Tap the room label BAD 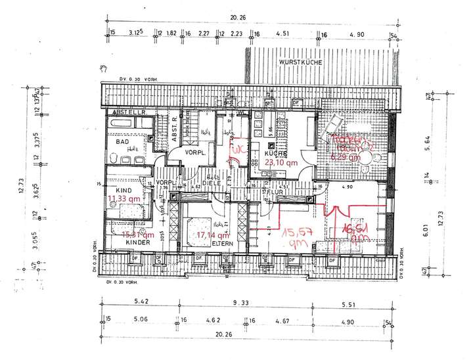122,141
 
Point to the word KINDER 139,242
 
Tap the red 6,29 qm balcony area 345,157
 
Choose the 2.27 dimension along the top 203,32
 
